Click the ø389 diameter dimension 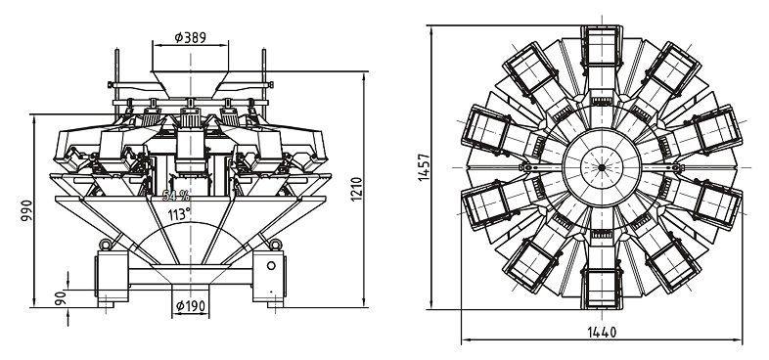click(191, 36)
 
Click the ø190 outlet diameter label click(191, 305)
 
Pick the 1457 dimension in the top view click(423, 167)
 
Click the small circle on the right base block click(273, 264)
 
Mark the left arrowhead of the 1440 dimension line click(464, 340)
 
